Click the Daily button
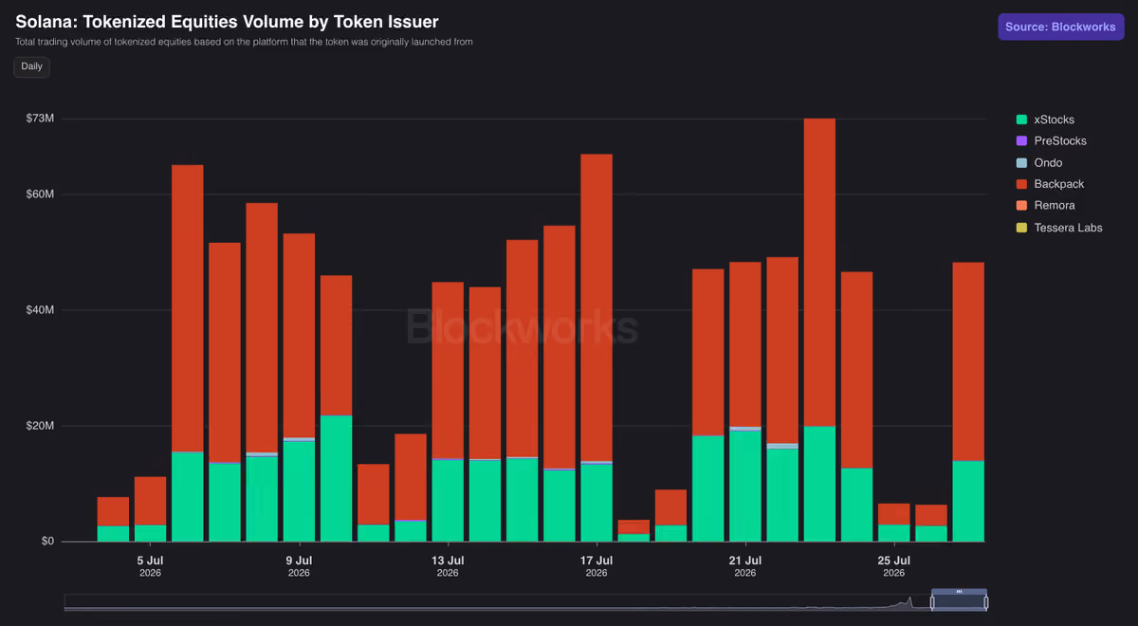point(31,66)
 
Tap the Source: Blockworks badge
point(1060,27)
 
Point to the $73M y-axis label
point(40,119)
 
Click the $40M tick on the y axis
point(40,310)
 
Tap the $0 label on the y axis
point(47,542)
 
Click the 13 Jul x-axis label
point(448,561)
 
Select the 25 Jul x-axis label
point(893,561)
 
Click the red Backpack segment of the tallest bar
point(819,272)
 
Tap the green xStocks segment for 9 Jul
point(299,491)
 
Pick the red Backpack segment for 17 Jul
point(597,307)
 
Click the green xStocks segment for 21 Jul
point(745,487)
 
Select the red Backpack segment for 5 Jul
point(151,501)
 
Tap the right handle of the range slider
point(985,603)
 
